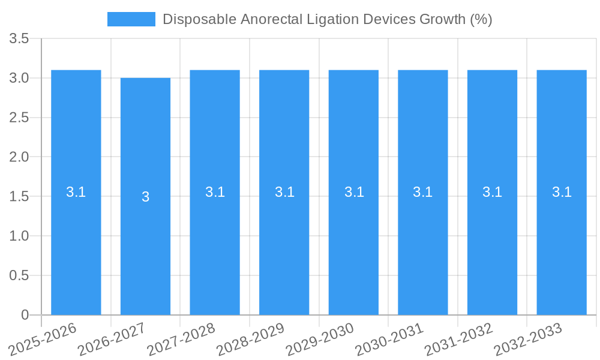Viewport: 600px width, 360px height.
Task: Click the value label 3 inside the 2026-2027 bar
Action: coord(145,197)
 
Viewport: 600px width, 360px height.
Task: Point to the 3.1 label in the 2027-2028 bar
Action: coord(215,192)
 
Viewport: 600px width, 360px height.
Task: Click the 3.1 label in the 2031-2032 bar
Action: coord(492,192)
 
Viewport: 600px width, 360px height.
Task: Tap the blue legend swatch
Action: coord(131,19)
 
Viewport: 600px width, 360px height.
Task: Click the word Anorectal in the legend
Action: coord(269,19)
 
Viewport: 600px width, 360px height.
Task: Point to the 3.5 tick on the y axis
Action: coord(19,39)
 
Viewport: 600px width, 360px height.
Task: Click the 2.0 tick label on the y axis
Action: coord(19,157)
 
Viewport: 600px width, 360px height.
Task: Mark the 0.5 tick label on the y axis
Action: coord(19,275)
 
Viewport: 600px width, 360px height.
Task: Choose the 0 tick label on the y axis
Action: coord(25,315)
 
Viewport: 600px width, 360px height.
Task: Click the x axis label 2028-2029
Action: coord(250,339)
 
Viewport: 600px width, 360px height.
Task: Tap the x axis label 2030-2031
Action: coord(389,339)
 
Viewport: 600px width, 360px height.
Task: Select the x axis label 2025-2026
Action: coord(43,339)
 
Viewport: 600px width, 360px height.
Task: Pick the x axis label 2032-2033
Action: coord(527,339)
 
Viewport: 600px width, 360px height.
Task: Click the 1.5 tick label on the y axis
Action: coord(19,197)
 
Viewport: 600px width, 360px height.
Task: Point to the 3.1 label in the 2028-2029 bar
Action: coord(284,192)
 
